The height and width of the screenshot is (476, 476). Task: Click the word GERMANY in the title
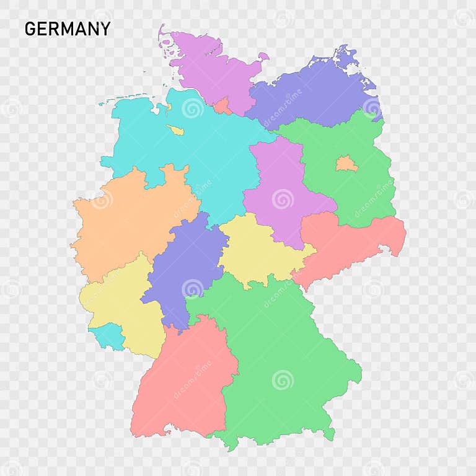[x=68, y=29]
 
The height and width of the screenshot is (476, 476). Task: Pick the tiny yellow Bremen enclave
[x=175, y=130]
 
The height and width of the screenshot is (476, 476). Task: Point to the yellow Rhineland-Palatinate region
[x=121, y=304]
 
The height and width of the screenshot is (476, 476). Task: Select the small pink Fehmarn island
[x=263, y=57]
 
